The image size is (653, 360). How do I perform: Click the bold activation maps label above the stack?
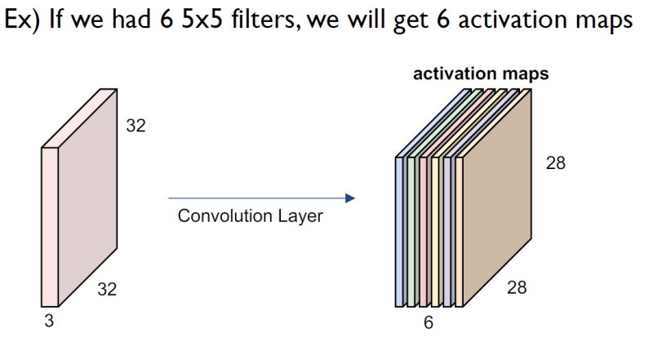click(x=481, y=74)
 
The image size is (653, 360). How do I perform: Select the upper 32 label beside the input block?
click(x=135, y=126)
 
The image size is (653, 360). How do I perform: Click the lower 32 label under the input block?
click(x=108, y=287)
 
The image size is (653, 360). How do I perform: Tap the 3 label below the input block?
click(x=50, y=321)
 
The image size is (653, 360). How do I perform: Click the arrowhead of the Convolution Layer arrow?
click(x=351, y=198)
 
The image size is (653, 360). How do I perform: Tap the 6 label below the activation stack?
click(x=428, y=322)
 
